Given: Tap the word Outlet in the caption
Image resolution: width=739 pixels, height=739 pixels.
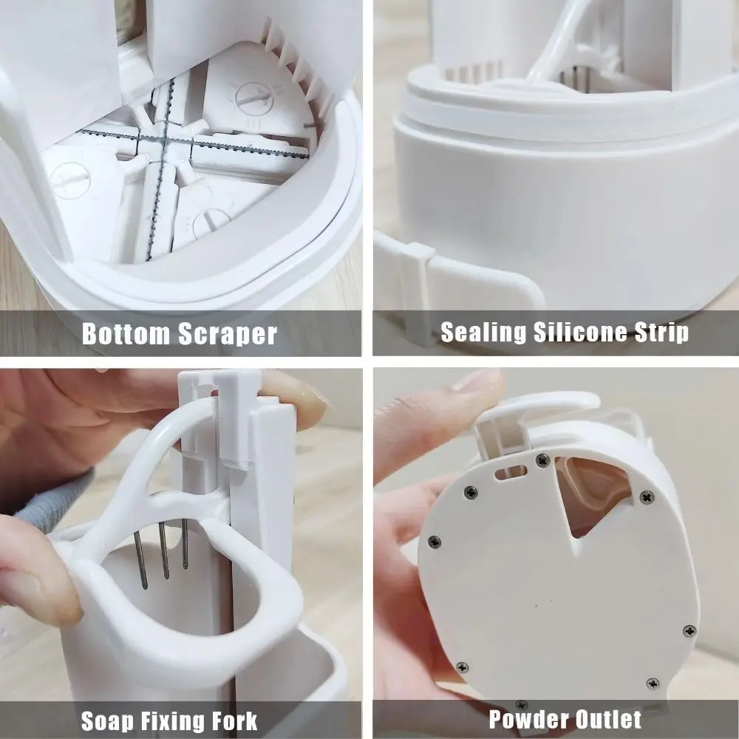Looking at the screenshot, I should tap(605, 718).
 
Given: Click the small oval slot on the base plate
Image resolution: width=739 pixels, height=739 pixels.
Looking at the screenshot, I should tap(510, 471).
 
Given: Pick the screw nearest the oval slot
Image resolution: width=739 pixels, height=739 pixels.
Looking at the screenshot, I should tap(542, 460).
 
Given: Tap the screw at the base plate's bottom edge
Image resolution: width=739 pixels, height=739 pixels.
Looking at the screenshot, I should tap(522, 704).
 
